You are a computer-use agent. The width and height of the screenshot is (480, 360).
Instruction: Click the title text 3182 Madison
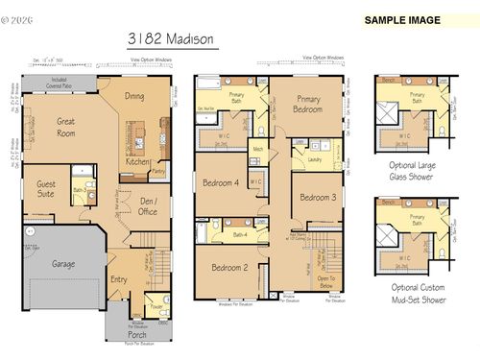click(171, 40)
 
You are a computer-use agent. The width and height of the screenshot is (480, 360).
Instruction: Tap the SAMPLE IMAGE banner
click(402, 20)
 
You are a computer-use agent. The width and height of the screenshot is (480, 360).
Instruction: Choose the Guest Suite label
click(46, 187)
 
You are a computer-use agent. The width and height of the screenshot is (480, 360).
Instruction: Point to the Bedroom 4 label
click(221, 182)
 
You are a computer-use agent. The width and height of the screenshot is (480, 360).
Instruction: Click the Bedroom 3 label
click(318, 198)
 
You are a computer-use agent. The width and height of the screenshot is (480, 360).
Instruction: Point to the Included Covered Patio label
click(60, 82)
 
